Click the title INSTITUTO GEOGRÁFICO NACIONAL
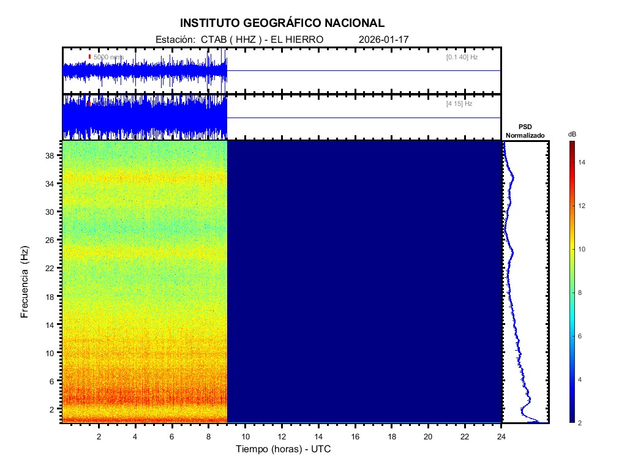coord(282,23)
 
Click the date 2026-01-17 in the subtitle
coord(383,39)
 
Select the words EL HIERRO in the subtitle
coord(296,39)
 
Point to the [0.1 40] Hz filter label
coord(462,57)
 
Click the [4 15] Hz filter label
coord(459,104)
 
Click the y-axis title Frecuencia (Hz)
coord(25,282)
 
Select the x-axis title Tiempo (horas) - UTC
coord(283,449)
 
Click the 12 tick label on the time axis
coord(282,436)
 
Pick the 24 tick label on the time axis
coord(501,436)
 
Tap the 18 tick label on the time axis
coord(392,436)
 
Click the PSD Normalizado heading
coord(525,131)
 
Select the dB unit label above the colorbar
coord(572,133)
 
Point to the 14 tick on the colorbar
coord(583,162)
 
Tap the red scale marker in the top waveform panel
coord(89,57)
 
